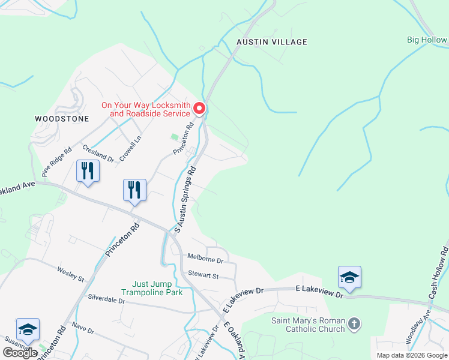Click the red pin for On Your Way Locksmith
199,109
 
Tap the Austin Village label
271,42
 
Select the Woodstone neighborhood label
62,119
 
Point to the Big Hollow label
427,40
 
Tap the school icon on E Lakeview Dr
349,277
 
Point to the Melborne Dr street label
204,261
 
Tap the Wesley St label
70,274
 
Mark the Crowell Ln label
130,148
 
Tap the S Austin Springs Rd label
185,199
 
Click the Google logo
20,353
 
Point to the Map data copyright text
411,355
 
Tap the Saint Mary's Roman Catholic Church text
308,325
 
